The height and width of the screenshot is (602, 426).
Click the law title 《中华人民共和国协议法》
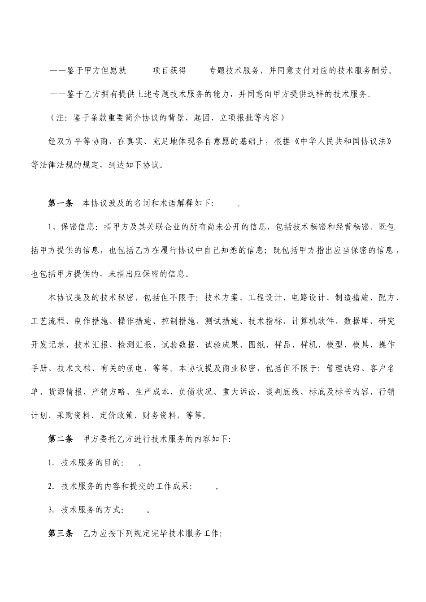pos(351,142)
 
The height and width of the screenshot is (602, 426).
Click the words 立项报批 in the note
pos(235,118)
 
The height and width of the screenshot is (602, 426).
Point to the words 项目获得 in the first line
pos(170,70)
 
